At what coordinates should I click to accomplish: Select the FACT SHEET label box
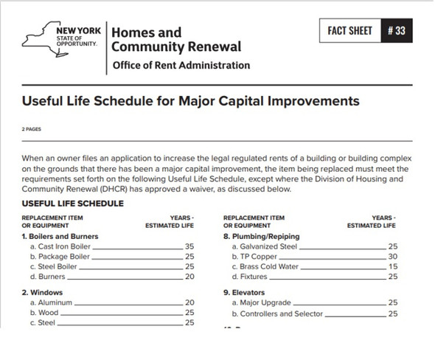click(349, 32)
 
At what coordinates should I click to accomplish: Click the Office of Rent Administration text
click(181, 65)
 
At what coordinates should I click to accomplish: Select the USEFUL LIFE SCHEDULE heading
click(72, 204)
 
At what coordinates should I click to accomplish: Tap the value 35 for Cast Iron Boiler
click(189, 246)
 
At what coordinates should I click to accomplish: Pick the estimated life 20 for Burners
click(189, 277)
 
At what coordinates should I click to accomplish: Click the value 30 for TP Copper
click(392, 257)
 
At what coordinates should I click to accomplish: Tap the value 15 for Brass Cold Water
click(392, 267)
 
